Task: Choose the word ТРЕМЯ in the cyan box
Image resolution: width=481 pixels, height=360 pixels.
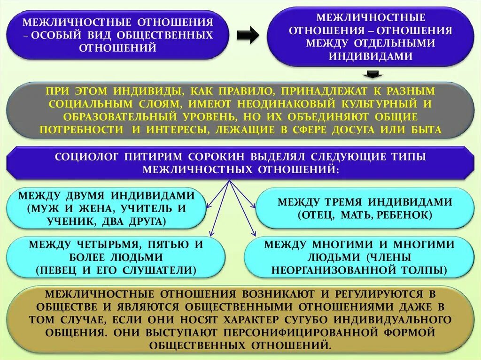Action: click(342, 202)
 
